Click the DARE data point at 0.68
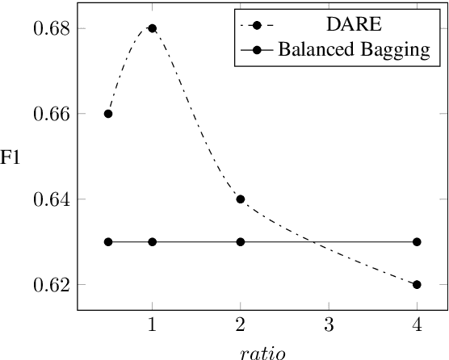click(x=152, y=28)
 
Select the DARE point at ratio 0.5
click(x=108, y=114)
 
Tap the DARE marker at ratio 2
click(x=240, y=199)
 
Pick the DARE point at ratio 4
click(x=416, y=284)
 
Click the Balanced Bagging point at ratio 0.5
click(x=108, y=241)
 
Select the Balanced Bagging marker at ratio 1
click(x=152, y=241)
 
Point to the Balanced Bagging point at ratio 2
click(x=240, y=241)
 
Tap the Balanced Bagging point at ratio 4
click(x=416, y=241)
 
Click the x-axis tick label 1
click(x=152, y=324)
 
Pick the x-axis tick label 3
click(x=328, y=324)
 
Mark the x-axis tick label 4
click(x=416, y=324)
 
